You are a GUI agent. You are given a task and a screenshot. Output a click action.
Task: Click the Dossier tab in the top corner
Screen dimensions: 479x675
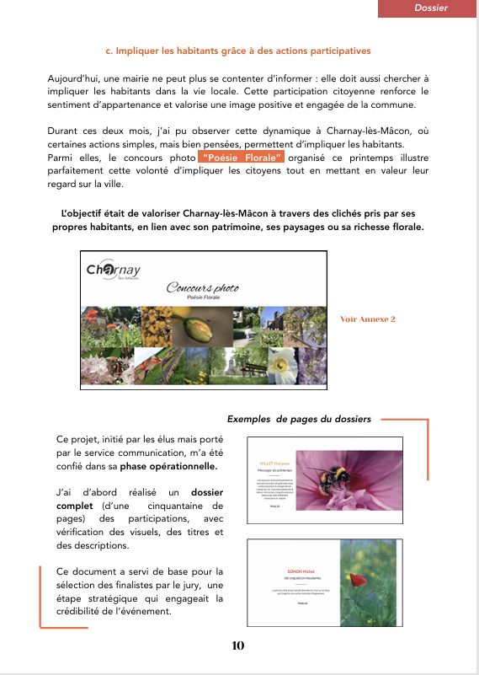[430, 8]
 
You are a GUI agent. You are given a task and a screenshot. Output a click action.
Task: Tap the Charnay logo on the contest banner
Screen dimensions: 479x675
[114, 271]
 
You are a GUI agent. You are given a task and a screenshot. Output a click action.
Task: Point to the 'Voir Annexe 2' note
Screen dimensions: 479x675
[367, 319]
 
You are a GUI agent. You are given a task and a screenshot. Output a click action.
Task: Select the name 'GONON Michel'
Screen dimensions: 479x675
[284, 571]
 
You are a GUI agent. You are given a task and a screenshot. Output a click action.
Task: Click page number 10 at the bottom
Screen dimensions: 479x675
[237, 646]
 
